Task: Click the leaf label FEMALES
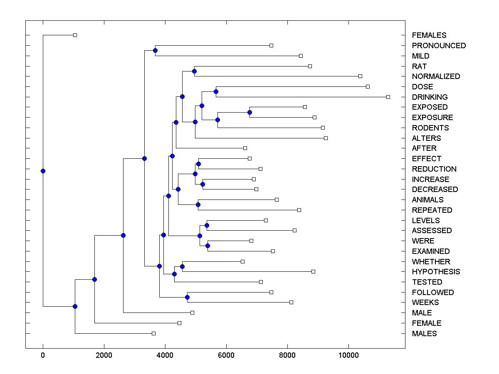tap(429, 35)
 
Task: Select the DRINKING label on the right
tap(430, 97)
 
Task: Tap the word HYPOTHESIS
tap(436, 272)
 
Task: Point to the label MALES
tap(424, 334)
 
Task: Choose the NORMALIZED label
tap(436, 76)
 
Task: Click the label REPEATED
tap(432, 210)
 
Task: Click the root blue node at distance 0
tap(43, 171)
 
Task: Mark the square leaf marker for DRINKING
tap(388, 97)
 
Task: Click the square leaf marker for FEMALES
tap(75, 35)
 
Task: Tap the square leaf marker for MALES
tap(153, 333)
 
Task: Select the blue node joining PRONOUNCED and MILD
tap(155, 50)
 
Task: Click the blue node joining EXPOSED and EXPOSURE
tap(249, 112)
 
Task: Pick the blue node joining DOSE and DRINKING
tap(216, 91)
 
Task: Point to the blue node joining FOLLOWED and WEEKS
tap(187, 297)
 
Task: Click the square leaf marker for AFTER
tap(245, 148)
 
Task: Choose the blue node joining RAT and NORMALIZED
tap(194, 71)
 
